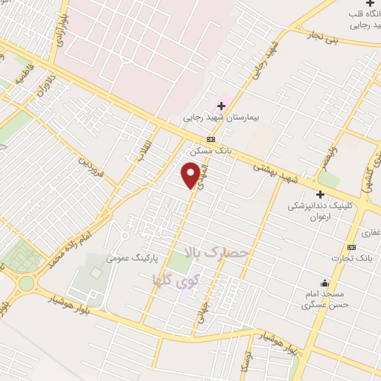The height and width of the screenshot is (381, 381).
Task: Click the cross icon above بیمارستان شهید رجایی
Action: pyautogui.click(x=221, y=106)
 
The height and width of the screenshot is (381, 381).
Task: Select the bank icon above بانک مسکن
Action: pyautogui.click(x=211, y=139)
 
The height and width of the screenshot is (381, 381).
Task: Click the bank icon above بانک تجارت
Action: pyautogui.click(x=352, y=247)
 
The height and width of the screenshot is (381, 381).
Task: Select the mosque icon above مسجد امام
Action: pyautogui.click(x=324, y=283)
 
